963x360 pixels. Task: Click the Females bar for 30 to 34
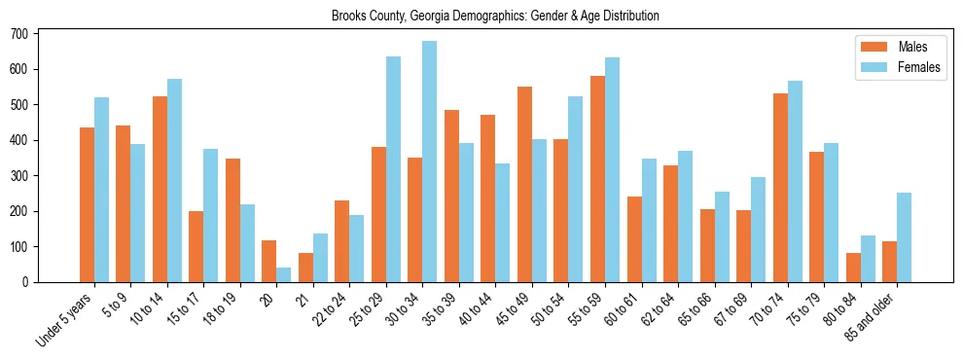point(430,162)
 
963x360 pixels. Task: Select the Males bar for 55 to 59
point(597,179)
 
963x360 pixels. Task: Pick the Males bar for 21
point(305,268)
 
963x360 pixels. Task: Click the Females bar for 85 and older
point(904,237)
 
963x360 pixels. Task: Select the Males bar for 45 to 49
point(524,185)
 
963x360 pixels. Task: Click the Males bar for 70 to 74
point(743,188)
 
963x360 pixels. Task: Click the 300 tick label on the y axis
point(20,176)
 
